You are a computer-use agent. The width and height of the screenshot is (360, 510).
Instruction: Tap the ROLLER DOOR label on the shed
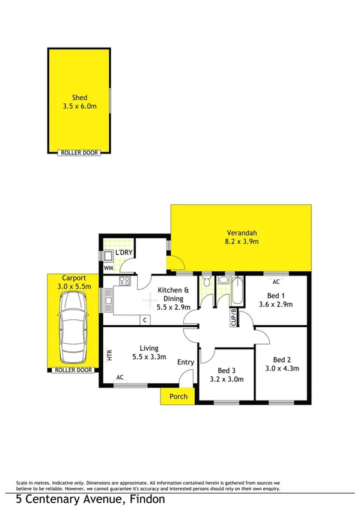(x=80, y=153)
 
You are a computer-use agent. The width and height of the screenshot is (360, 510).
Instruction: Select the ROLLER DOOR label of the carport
(x=73, y=370)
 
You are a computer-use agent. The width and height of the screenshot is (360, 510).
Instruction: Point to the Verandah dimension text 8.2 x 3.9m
(x=242, y=242)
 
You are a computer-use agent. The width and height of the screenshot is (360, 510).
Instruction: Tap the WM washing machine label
(x=108, y=268)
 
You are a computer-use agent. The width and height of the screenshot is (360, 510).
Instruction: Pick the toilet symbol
(x=207, y=283)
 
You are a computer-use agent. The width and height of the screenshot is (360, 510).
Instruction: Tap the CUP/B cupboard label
(x=234, y=316)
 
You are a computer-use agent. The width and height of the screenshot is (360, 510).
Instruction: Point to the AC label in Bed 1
(x=276, y=281)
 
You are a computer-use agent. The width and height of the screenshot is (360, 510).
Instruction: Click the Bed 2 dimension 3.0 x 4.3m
(x=282, y=369)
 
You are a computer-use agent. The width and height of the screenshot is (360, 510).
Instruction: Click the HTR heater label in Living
(x=109, y=355)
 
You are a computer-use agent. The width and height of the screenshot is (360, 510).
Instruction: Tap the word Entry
(x=185, y=362)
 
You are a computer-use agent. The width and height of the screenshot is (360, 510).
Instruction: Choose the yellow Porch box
(x=178, y=396)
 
